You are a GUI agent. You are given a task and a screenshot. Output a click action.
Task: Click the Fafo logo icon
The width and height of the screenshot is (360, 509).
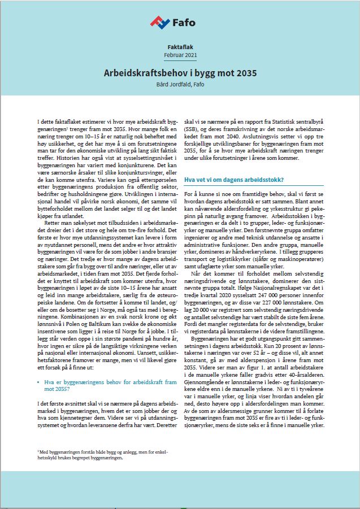(x=160, y=22)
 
